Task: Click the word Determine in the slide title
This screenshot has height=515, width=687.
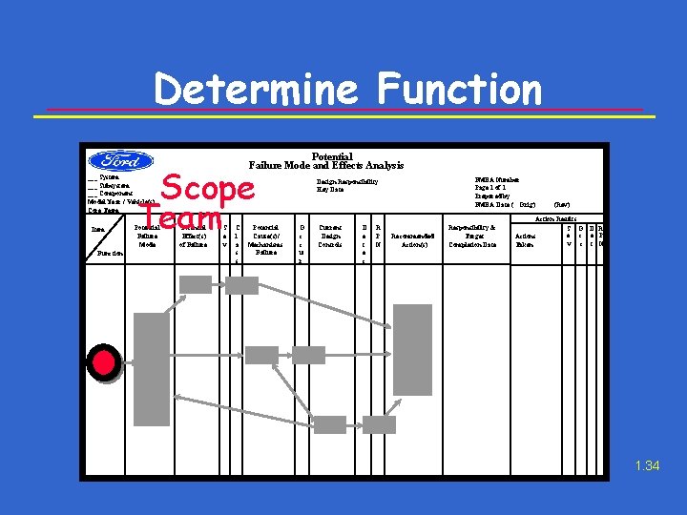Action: click(257, 90)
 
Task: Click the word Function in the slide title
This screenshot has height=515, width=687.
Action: click(459, 90)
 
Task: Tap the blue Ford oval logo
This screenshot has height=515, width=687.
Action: click(121, 160)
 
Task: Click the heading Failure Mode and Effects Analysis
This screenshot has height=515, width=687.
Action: click(326, 166)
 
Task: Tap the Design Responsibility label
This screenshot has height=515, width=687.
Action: click(347, 181)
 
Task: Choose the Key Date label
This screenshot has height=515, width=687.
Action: click(330, 189)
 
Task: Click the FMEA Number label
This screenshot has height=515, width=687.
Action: click(496, 179)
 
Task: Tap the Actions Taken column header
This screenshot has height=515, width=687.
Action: click(526, 239)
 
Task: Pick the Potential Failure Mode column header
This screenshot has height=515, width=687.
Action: click(147, 236)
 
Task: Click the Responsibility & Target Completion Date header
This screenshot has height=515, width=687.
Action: click(474, 236)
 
